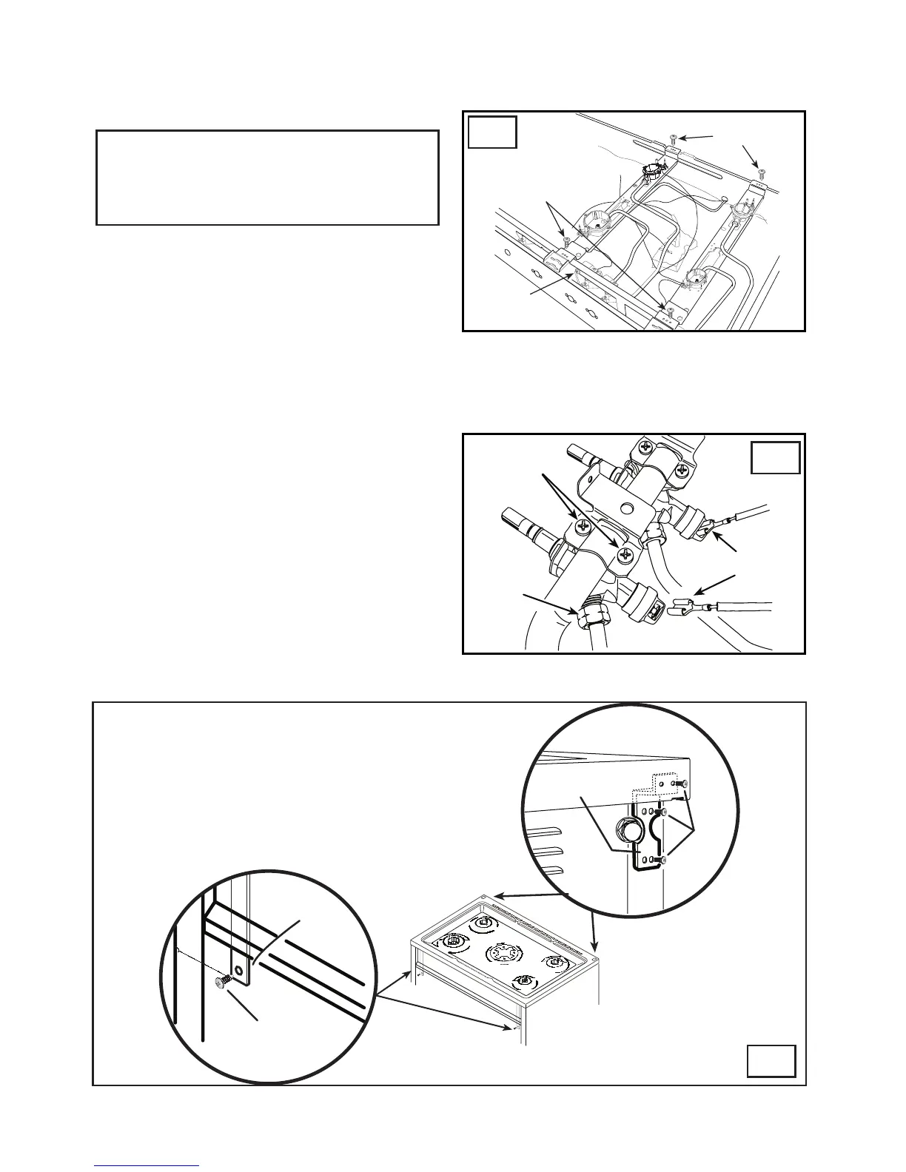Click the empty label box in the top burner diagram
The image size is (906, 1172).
(493, 131)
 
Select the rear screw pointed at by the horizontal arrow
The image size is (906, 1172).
(673, 138)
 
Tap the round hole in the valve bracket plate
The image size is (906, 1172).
(626, 508)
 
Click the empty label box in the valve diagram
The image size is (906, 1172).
(776, 458)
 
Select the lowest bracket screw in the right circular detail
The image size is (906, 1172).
(665, 860)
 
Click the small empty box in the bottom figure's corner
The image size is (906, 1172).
(771, 1060)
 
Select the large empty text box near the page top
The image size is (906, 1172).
(268, 178)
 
